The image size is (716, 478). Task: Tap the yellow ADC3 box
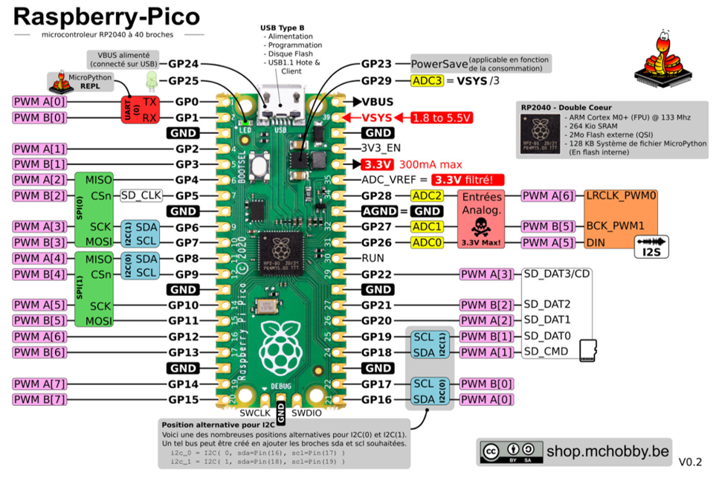[427, 80]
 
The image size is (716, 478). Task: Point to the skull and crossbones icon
[483, 225]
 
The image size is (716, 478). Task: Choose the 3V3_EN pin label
[381, 148]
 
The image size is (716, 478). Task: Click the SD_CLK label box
[141, 196]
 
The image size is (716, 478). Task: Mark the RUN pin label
[373, 259]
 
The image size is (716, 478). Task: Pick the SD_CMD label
[546, 351]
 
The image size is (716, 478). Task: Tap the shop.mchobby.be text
[607, 450]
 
